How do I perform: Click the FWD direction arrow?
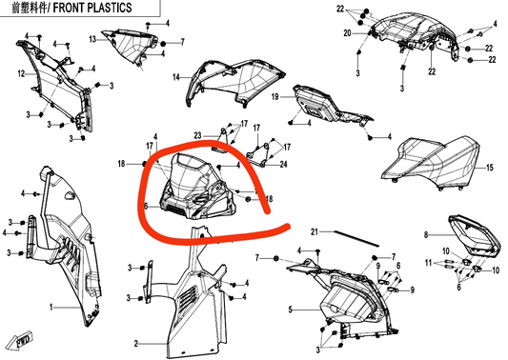click(20, 341)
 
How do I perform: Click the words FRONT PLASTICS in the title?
click(92, 8)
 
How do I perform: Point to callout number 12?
click(21, 74)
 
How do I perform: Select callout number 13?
click(92, 39)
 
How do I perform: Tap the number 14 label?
click(176, 77)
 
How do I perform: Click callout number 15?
click(490, 168)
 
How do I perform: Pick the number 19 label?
click(275, 97)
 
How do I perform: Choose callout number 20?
click(347, 33)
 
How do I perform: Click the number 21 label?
click(315, 231)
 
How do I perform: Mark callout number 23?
click(197, 135)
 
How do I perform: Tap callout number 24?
click(283, 165)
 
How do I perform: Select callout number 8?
click(426, 234)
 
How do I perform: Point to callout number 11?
click(429, 263)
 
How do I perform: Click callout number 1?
click(51, 307)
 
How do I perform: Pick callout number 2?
click(136, 344)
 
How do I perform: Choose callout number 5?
click(291, 310)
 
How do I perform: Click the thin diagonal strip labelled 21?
click(356, 238)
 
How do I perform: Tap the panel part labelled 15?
click(431, 164)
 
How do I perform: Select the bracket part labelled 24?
click(260, 154)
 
